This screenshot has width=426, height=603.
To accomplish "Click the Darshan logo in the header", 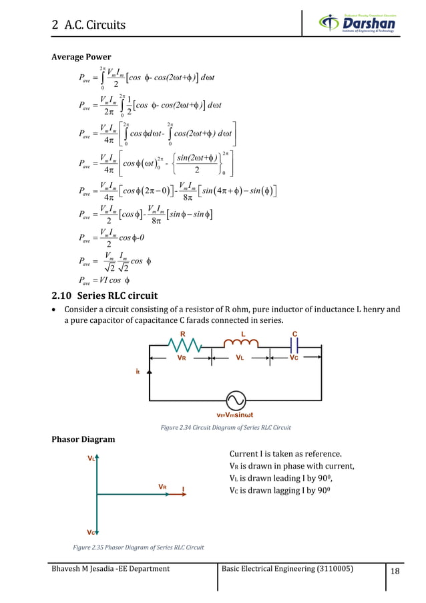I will tap(357, 25).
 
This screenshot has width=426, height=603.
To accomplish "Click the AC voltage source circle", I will tap(235, 400).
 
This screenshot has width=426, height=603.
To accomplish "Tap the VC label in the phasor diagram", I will tap(91, 531).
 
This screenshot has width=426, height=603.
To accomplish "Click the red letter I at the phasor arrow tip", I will tap(183, 490).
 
